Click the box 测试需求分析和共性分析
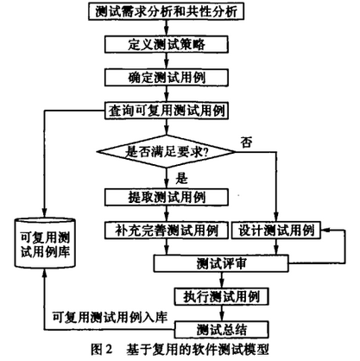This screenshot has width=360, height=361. (166, 11)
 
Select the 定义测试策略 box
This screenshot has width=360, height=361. (167, 44)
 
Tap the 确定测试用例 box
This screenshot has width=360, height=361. (167, 78)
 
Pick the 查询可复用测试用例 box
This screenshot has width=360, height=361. (167, 111)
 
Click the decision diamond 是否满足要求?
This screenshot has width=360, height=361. (166, 151)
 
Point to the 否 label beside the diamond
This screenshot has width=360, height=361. (247, 142)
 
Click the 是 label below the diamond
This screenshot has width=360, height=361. (181, 179)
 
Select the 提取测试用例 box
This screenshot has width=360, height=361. (167, 197)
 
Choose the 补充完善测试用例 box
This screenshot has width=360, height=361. (167, 231)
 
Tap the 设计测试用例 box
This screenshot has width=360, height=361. (276, 231)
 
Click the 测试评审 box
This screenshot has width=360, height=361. (221, 263)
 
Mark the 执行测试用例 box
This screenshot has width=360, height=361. (221, 296)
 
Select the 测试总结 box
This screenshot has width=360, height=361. (221, 330)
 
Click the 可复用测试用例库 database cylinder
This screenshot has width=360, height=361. (45, 244)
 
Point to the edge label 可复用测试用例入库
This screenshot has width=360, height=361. (110, 318)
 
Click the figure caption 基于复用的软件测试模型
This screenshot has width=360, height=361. (198, 350)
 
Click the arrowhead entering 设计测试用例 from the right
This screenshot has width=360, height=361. (325, 231)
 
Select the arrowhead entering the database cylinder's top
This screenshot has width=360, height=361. (45, 213)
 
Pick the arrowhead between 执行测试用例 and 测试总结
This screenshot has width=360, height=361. (221, 317)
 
